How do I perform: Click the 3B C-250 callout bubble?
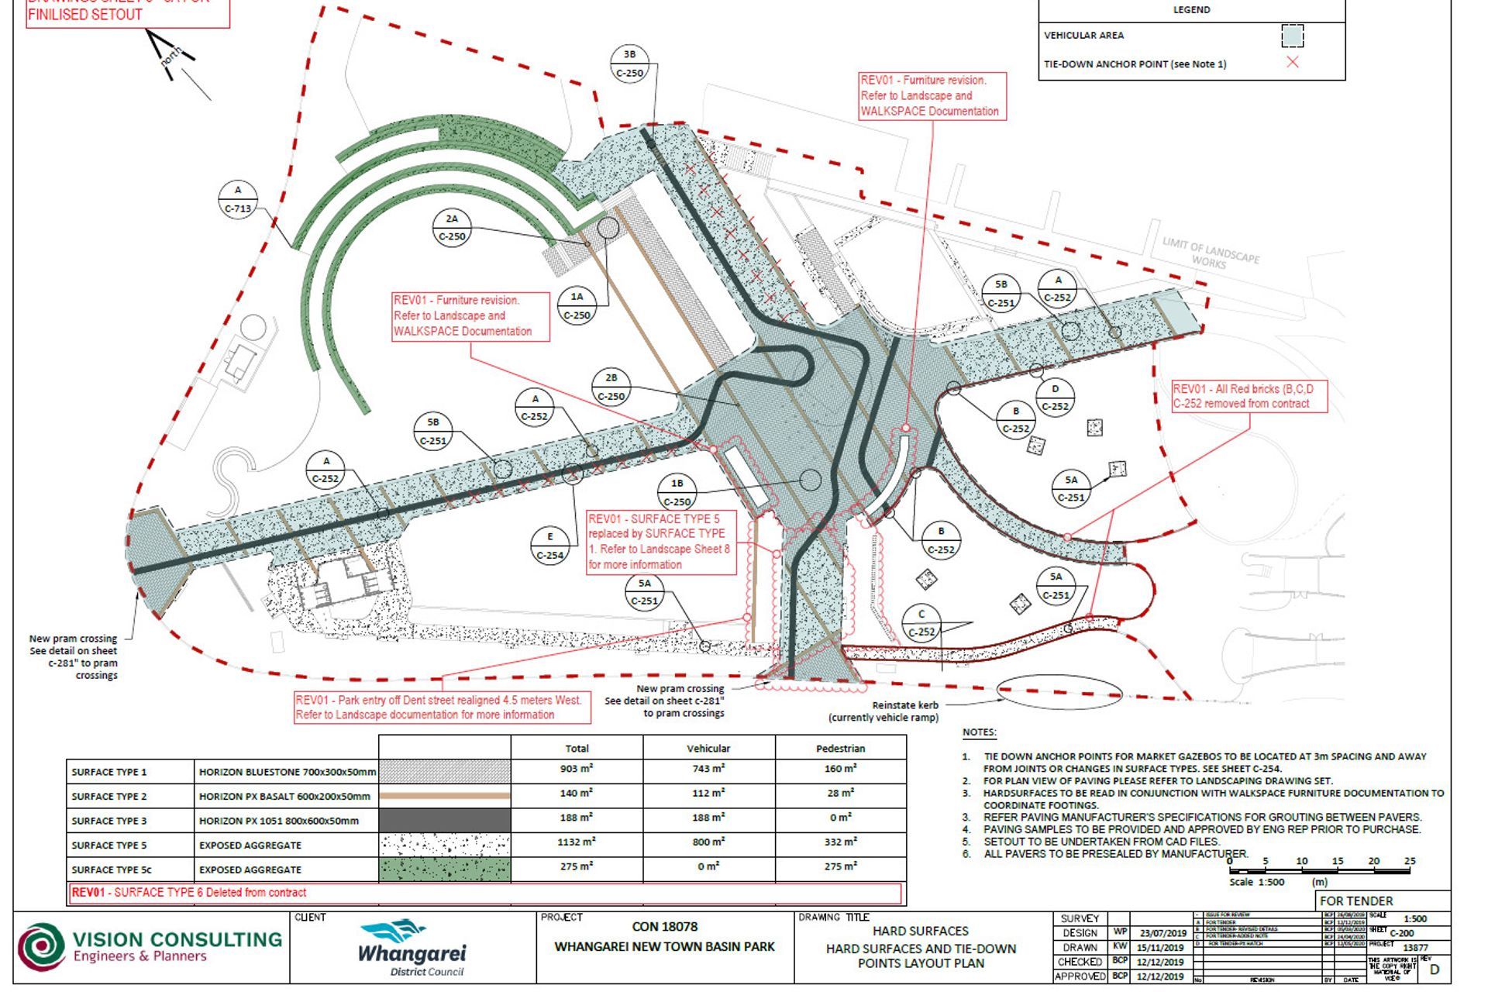coord(629,64)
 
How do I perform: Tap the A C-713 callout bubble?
coord(237,199)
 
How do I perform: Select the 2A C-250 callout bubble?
coord(452,228)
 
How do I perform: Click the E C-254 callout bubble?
coord(550,546)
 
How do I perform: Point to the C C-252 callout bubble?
coord(921,623)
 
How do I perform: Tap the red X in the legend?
coord(1292,63)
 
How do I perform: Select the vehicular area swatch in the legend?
coord(1292,36)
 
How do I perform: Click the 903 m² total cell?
coord(577,770)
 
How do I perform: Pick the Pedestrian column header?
coord(840,748)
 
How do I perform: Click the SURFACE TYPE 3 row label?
coord(109,821)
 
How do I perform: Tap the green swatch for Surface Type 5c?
coord(444,869)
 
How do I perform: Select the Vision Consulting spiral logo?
coord(41,947)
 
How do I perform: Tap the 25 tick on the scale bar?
coord(1409,861)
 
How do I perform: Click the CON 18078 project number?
coord(664,926)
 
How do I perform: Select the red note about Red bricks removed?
coord(1249,396)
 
